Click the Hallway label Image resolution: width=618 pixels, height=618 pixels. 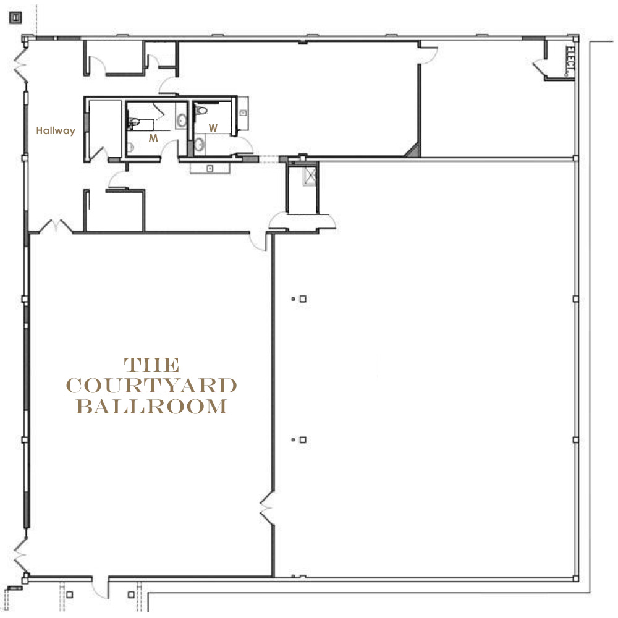(56, 131)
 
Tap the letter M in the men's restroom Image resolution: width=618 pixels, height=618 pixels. (153, 138)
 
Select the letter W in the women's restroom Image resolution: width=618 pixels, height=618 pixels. (213, 128)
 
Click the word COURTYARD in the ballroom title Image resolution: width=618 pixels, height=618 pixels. (151, 386)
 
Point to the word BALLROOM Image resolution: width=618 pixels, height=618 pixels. (152, 407)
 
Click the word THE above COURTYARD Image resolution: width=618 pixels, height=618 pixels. (152, 365)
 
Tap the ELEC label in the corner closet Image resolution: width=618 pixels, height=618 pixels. (569, 61)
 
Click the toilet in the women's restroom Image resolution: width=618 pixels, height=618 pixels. (201, 110)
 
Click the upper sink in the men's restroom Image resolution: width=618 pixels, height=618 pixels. (181, 121)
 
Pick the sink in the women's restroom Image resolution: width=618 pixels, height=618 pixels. (200, 145)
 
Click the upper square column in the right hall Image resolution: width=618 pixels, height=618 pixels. (303, 298)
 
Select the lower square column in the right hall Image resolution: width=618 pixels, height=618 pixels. (303, 439)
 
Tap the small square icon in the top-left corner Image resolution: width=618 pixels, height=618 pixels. (16, 18)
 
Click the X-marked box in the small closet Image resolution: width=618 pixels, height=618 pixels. (310, 176)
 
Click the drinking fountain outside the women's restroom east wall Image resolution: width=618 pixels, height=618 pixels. (243, 114)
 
